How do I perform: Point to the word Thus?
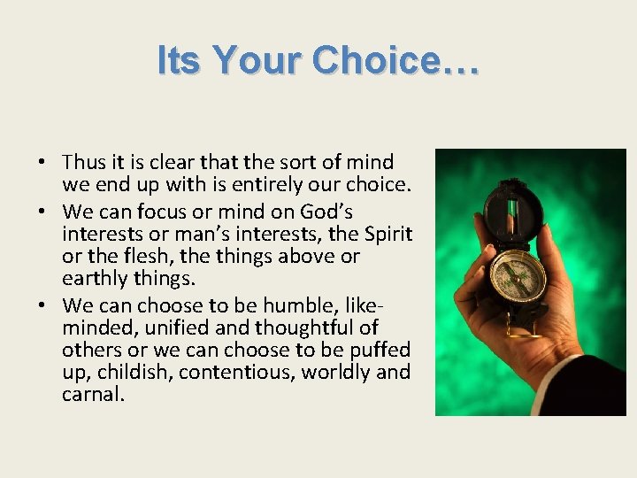84,162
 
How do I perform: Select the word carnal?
92,393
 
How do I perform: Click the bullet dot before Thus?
42,163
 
